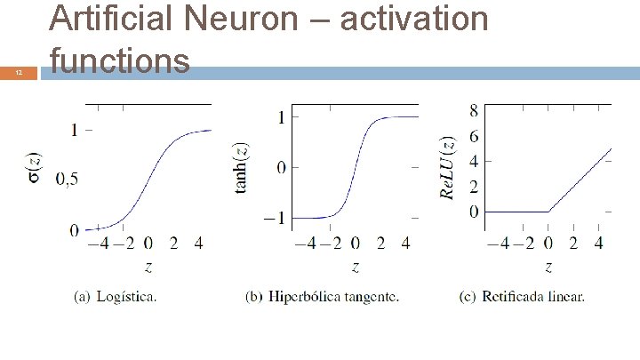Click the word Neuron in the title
tap(234, 18)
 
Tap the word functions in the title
tap(120, 60)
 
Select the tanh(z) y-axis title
tap(242, 167)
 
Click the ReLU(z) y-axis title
tap(449, 167)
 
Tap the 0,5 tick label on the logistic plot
tap(67, 180)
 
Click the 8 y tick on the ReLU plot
tap(474, 110)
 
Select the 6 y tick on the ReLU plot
tap(474, 136)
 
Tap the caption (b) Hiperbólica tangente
tap(322, 297)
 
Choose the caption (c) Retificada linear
tap(522, 297)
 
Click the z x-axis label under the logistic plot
tap(148, 266)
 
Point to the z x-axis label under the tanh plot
tap(355, 266)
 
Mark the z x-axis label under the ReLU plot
tap(548, 266)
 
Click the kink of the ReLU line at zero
tap(548, 212)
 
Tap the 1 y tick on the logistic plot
tap(75, 130)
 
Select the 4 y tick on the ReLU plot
tap(474, 161)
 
